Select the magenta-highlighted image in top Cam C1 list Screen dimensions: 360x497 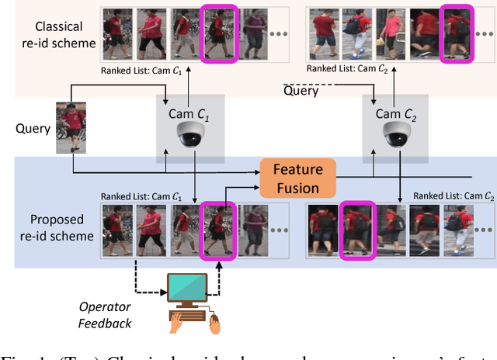(x=217, y=33)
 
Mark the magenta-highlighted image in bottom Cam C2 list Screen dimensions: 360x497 (x=358, y=230)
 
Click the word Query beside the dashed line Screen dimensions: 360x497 (x=300, y=91)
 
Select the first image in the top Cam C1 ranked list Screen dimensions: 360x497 (x=117, y=33)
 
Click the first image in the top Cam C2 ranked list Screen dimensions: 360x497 (x=324, y=33)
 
